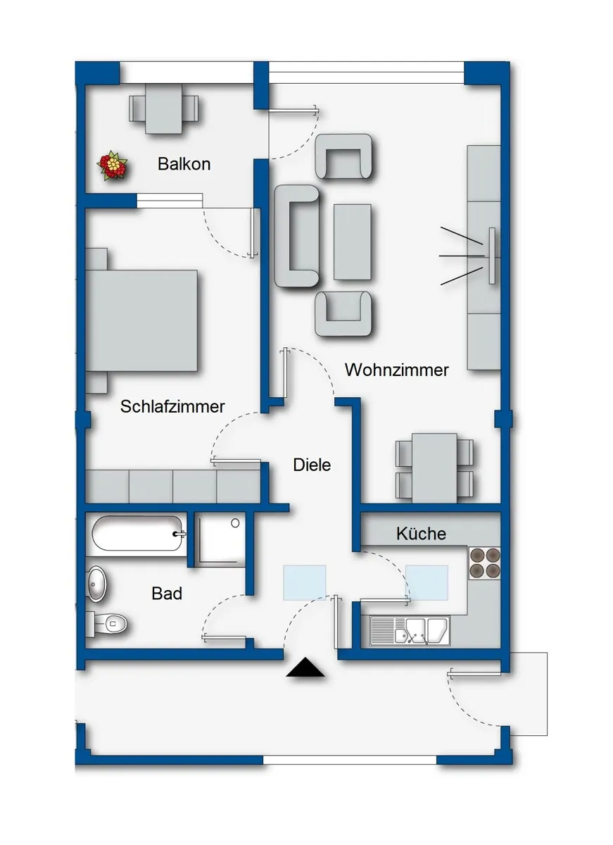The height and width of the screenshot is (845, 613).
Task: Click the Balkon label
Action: [x=184, y=164]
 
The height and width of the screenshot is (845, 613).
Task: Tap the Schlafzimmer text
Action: [x=172, y=406]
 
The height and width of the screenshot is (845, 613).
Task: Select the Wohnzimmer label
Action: [x=397, y=370]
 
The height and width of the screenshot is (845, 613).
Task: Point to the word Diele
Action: [x=312, y=465]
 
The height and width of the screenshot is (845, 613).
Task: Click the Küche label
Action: [x=421, y=534]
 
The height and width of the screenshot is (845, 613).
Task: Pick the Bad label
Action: [x=167, y=594]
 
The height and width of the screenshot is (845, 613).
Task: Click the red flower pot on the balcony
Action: [x=112, y=165]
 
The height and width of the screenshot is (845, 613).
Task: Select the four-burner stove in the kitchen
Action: [x=484, y=563]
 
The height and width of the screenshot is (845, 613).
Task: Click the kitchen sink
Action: [x=410, y=631]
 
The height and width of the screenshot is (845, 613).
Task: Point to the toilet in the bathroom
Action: [x=107, y=625]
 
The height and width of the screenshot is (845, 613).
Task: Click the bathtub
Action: [x=138, y=534]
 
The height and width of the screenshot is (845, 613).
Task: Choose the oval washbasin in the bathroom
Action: [x=96, y=584]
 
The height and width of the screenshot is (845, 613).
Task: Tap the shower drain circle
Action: [x=235, y=522]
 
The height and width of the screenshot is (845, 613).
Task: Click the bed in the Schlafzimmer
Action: [x=141, y=320]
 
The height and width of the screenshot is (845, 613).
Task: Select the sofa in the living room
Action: [x=297, y=236]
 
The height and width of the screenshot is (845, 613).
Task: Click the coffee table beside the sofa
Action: [x=352, y=242]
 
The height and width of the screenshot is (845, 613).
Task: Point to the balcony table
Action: [x=163, y=108]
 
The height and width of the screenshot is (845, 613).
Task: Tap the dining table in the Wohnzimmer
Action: [x=434, y=468]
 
